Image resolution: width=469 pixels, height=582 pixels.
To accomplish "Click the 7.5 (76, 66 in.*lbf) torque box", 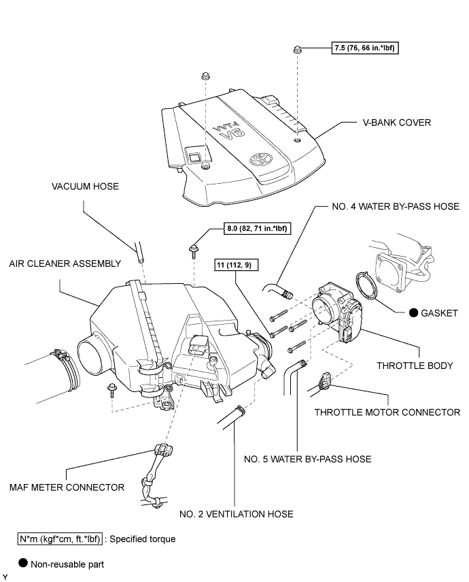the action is [365, 48].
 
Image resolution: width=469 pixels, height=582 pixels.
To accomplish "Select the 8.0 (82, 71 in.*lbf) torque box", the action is [258, 228].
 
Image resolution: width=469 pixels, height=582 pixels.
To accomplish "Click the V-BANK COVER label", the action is [397, 123].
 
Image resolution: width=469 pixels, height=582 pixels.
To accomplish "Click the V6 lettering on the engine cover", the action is [233, 133].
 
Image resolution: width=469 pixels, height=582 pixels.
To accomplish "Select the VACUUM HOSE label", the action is [85, 186].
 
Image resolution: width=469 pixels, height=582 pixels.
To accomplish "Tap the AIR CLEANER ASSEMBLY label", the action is [65, 263].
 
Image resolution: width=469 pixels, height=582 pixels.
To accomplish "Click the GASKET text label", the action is [439, 313].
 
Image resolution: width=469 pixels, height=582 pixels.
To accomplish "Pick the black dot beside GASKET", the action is [413, 312].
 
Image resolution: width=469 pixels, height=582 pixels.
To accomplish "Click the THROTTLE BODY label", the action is [415, 366].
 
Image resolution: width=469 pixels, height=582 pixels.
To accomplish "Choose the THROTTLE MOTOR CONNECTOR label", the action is [387, 413].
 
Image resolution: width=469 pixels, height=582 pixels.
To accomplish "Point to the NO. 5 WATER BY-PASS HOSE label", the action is [308, 459].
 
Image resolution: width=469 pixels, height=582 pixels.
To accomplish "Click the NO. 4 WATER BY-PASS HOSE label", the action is [396, 206].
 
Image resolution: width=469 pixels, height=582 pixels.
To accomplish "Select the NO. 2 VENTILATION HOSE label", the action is [237, 514].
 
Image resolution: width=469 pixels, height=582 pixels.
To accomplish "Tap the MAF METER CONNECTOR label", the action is [67, 487].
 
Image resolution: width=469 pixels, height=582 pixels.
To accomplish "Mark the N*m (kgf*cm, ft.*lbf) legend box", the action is [60, 539].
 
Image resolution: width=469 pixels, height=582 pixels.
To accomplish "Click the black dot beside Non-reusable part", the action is [23, 563].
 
